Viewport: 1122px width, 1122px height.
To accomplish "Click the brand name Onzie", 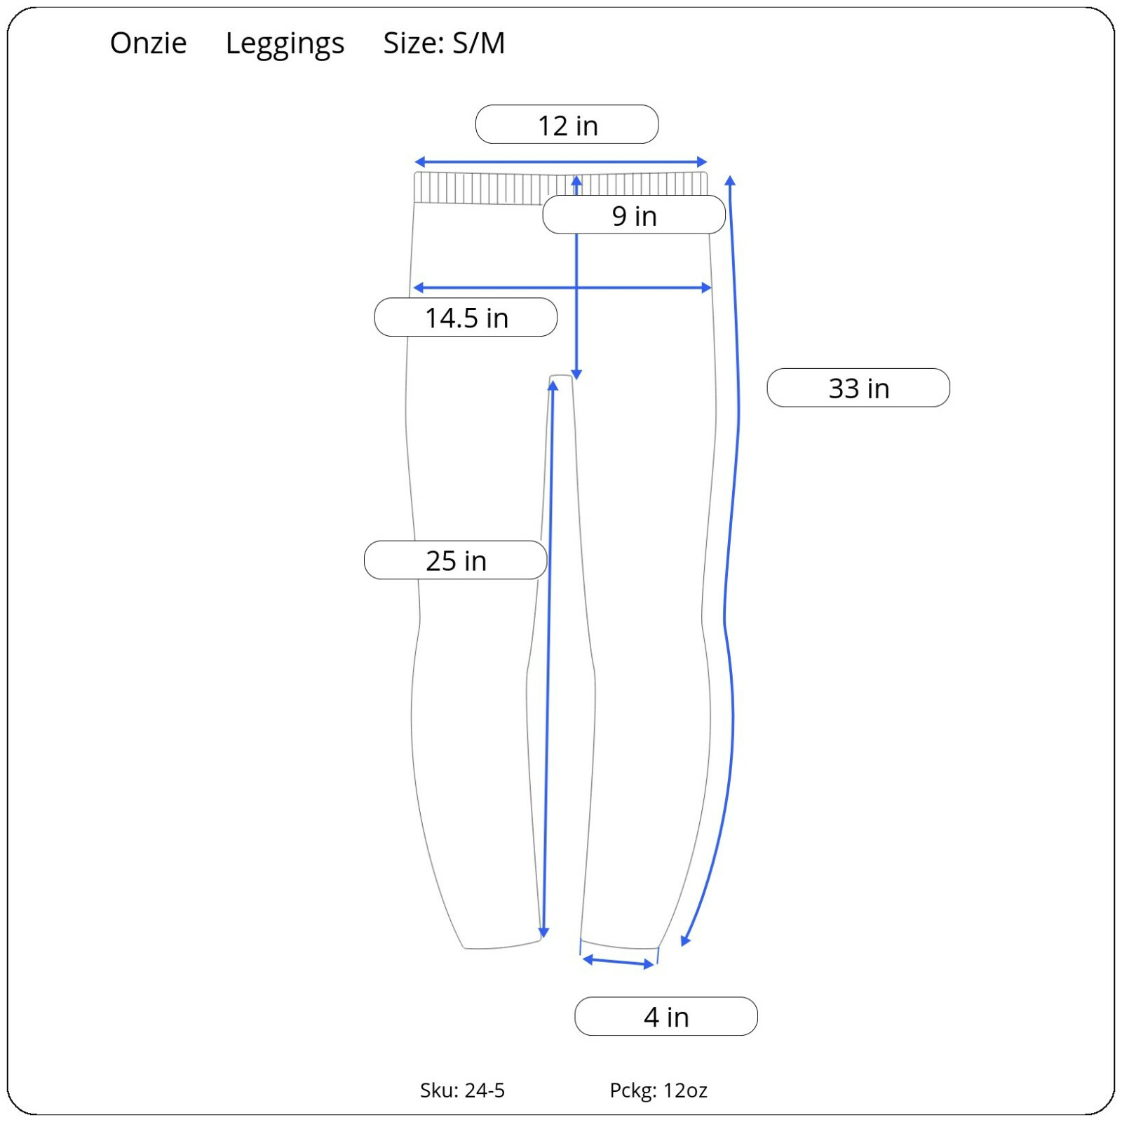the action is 148,43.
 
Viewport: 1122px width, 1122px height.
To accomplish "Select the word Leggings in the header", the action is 285,43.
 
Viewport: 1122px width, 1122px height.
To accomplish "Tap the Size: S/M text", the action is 443,43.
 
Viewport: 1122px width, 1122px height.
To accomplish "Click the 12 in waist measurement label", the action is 567,125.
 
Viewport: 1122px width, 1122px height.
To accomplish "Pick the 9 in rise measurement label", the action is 633,215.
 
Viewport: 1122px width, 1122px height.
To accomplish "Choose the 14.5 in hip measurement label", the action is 466,318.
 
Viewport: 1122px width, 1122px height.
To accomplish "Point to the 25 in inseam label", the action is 455,560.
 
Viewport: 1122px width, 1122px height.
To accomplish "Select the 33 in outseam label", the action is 858,388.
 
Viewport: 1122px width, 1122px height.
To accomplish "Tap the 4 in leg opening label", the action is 665,1016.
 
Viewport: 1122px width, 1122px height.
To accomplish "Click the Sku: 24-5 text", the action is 462,1090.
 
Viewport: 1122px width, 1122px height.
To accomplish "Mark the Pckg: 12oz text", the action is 658,1090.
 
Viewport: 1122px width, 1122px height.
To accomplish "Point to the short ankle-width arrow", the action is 619,961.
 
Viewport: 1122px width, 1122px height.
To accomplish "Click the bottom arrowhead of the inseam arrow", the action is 543,933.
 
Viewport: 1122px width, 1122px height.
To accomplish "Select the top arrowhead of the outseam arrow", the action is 730,181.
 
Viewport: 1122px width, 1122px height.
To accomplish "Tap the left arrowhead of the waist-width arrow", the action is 419,162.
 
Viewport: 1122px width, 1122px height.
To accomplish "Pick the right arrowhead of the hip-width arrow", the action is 707,288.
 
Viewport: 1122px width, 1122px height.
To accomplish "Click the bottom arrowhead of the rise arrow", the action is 576,374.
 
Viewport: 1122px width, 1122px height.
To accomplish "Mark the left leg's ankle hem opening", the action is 502,945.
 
